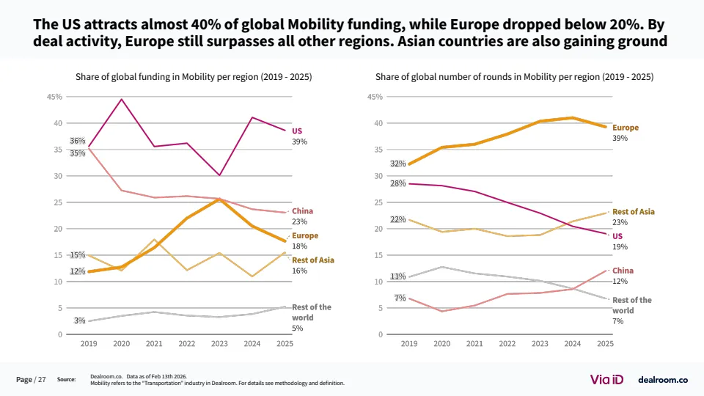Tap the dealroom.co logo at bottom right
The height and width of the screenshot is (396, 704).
tap(663, 379)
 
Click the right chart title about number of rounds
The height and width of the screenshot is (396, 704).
tap(514, 76)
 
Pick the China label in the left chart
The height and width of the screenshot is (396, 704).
tap(302, 211)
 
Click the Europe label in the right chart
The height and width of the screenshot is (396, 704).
tap(626, 128)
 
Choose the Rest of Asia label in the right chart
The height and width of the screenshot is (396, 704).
tap(634, 212)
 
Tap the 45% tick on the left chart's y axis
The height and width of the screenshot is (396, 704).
tap(54, 97)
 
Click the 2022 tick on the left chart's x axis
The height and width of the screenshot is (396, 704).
tap(187, 343)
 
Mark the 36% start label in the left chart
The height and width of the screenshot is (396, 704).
tap(77, 141)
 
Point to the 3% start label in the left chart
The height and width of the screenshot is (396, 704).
tap(79, 320)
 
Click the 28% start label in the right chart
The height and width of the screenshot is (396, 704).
tap(398, 183)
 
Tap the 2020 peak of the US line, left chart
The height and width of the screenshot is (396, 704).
tap(122, 99)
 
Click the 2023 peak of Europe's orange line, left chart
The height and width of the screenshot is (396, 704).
tap(219, 199)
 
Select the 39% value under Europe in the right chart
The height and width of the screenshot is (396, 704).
tap(620, 139)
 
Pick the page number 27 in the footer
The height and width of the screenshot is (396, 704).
tap(42, 379)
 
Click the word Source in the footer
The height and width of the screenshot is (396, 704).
tap(66, 379)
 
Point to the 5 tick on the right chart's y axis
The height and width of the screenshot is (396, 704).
tap(381, 308)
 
